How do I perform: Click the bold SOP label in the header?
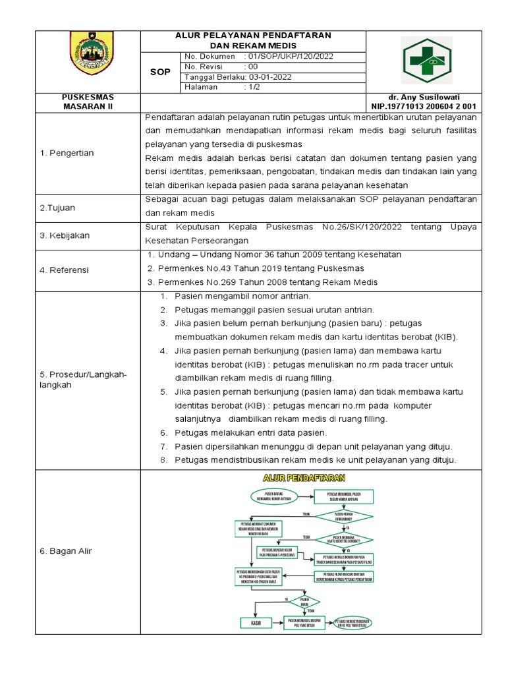point(160,72)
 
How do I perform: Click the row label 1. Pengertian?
point(67,153)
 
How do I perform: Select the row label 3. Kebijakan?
point(65,235)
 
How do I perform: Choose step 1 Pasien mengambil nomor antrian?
point(242,297)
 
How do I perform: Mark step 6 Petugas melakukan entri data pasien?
point(250,432)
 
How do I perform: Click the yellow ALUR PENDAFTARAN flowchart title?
point(304,477)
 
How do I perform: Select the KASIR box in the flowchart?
point(252,623)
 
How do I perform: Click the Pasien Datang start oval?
point(277,496)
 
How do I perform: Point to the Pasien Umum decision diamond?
point(304,601)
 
